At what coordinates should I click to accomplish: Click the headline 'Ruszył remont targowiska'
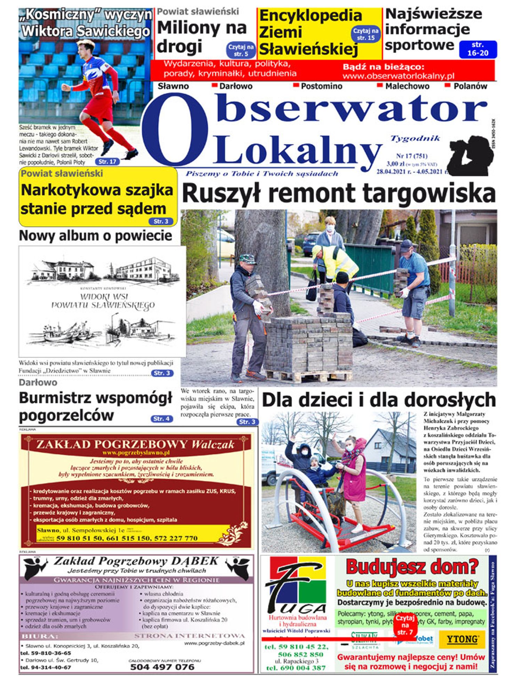tap(338, 193)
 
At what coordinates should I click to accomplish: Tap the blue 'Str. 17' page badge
tap(107, 162)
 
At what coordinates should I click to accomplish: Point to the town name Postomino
tap(321, 86)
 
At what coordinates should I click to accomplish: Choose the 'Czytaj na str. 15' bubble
tap(366, 34)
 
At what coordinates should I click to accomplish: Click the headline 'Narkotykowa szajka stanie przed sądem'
tap(97, 199)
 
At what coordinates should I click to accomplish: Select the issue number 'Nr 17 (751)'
tap(412, 156)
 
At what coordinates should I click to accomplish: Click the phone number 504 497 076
tap(162, 667)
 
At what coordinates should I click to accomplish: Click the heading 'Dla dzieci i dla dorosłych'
tap(378, 400)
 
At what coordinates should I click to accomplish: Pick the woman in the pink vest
tap(354, 469)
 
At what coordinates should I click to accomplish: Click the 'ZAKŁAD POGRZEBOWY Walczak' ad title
tap(135, 444)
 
